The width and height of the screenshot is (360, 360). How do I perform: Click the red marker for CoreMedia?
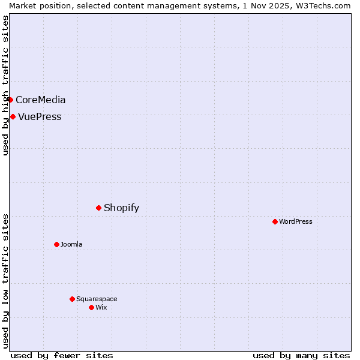point(10,100)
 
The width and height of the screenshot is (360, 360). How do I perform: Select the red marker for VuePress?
point(13,116)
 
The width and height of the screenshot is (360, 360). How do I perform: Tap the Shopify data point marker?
point(98,208)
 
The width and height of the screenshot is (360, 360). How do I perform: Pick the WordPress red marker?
point(275,221)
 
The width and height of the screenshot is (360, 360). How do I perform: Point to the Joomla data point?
point(56,244)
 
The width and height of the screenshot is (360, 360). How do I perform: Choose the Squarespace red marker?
point(72,299)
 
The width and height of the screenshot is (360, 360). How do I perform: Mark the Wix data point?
point(91,307)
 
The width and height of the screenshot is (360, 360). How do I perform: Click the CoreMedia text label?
point(41,100)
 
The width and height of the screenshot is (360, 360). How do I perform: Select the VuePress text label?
point(40,117)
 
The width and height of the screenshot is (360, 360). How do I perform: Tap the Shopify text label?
point(121,208)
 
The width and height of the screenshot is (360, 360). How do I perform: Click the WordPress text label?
point(296,222)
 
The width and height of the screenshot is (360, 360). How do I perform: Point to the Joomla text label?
point(71,245)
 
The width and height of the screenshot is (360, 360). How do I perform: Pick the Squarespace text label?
point(97,299)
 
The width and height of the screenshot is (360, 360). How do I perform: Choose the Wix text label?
point(101,308)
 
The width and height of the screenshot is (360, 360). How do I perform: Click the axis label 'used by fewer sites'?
point(62,355)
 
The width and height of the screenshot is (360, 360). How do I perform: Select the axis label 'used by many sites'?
point(301,355)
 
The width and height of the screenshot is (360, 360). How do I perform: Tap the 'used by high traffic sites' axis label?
point(5,85)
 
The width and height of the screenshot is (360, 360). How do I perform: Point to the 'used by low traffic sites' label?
point(5,281)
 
